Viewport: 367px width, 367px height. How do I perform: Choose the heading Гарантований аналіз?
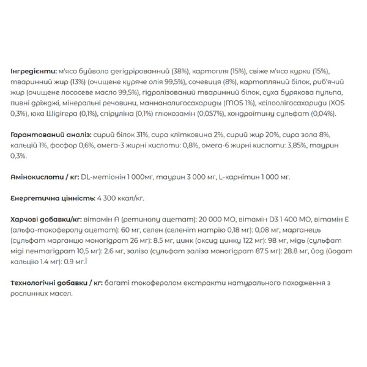point(50,136)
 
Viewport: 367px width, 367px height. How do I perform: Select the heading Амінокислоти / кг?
point(44,177)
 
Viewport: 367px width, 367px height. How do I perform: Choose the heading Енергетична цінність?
point(52,198)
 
